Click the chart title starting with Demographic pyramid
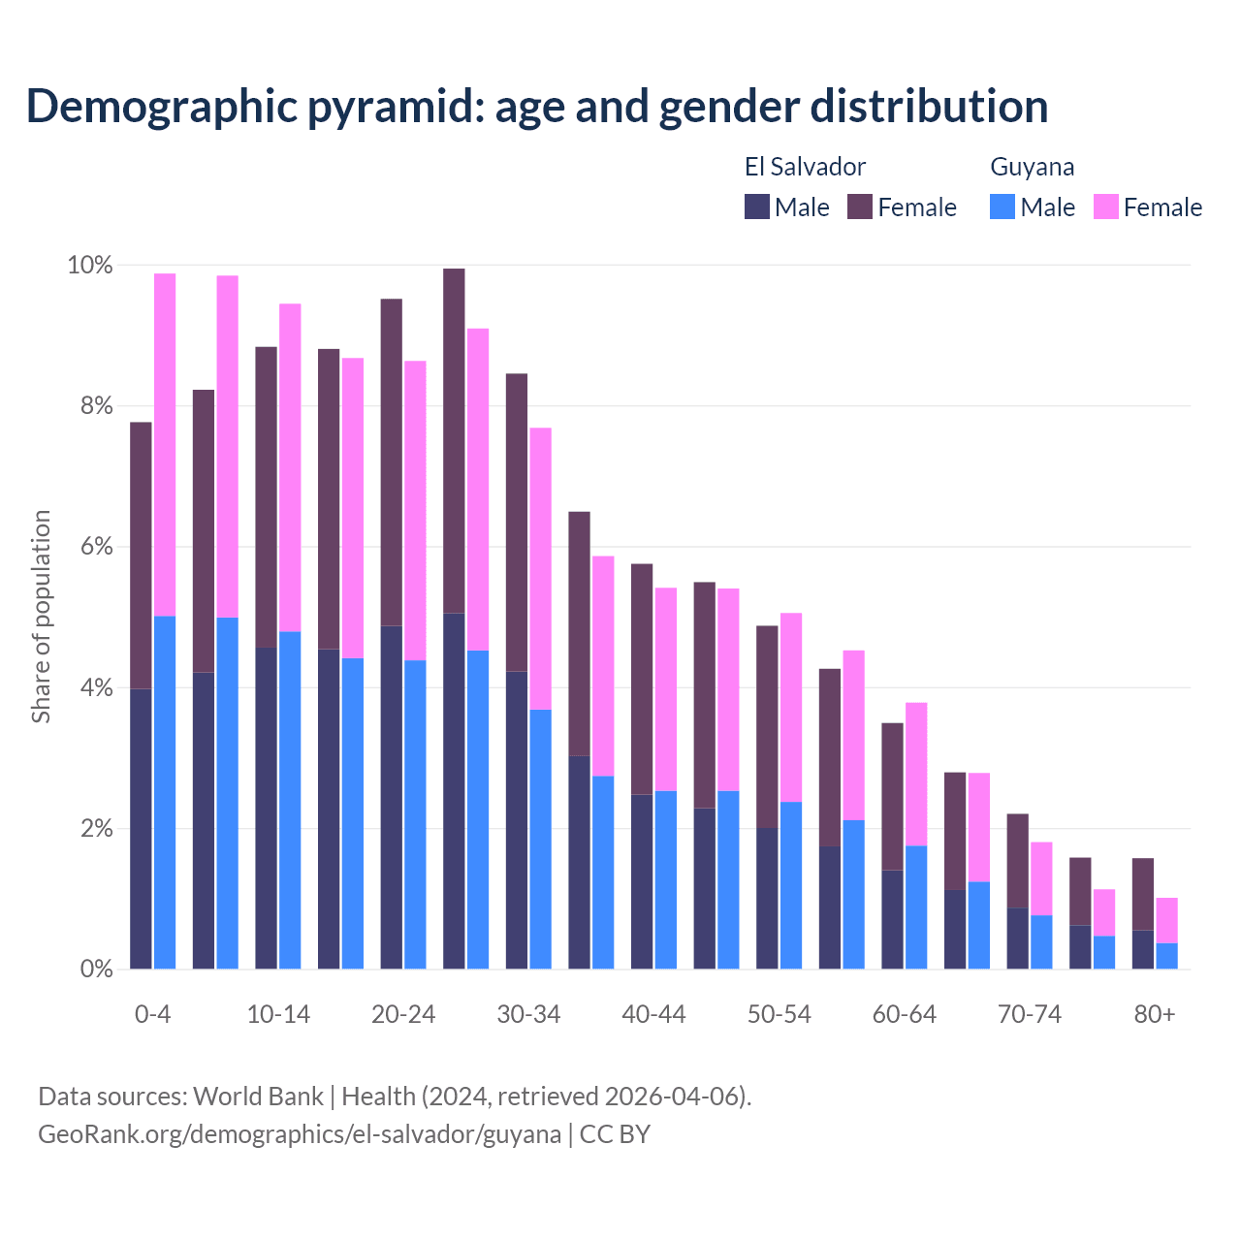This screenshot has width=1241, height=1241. (536, 107)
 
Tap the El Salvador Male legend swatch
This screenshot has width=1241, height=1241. (756, 207)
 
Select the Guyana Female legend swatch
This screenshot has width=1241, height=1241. (1105, 207)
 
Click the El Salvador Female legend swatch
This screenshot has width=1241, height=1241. (860, 207)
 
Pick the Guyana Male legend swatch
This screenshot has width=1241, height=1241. (1002, 207)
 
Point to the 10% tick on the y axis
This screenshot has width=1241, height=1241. (89, 265)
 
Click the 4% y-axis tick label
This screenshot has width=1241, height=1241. (95, 688)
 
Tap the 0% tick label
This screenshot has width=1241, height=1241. (95, 970)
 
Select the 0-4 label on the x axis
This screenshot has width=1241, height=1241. (152, 1015)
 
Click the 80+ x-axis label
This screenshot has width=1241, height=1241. (1154, 1015)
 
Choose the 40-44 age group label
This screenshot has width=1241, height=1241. (653, 1015)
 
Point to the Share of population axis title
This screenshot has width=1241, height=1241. (41, 617)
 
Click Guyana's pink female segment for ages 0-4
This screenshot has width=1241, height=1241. (165, 444)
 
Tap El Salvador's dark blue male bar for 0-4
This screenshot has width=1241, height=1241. (141, 829)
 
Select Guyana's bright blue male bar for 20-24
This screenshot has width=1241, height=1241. (415, 814)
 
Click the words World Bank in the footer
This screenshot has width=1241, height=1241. (258, 1097)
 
